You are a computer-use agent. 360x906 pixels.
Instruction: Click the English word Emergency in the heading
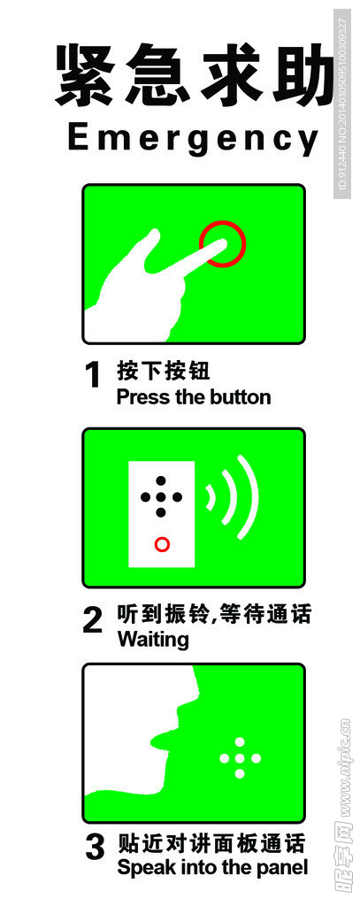(193, 140)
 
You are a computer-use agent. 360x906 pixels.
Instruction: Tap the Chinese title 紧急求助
(195, 77)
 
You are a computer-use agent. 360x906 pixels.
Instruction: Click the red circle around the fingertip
(222, 242)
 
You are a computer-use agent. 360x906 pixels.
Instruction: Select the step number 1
(94, 376)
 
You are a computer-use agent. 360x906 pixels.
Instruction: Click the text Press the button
(194, 397)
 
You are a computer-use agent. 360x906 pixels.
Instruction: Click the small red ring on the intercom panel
(162, 544)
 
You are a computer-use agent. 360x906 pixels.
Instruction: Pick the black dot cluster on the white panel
(161, 496)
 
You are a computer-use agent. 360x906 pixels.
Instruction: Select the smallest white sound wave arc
(211, 498)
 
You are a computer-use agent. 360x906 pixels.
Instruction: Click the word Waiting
(153, 639)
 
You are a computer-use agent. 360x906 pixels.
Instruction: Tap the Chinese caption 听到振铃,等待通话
(215, 614)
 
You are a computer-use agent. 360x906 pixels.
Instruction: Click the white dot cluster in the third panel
(240, 758)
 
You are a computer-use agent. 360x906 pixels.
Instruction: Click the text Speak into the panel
(212, 867)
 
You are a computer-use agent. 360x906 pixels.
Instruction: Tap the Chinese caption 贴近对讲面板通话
(211, 842)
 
